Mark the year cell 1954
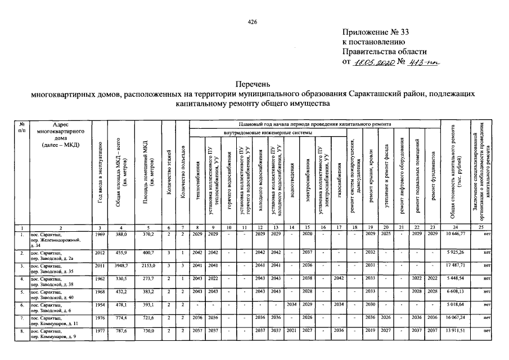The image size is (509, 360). pyautogui.click(x=100, y=304)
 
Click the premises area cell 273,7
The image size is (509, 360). pyautogui.click(x=148, y=277)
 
